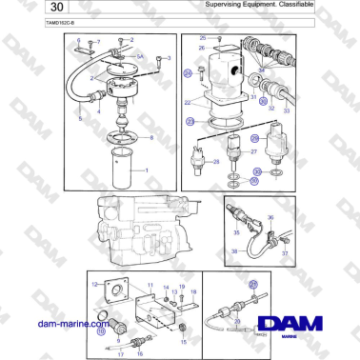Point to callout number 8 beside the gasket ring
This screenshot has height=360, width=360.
[150, 139]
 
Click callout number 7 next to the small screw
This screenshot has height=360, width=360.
[97, 42]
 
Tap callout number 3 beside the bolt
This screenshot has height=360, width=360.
[170, 58]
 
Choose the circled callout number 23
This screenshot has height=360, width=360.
[190, 121]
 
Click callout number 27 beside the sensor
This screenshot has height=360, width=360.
[253, 151]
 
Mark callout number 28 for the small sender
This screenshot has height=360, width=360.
[216, 162]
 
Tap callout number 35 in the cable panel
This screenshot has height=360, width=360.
[236, 230]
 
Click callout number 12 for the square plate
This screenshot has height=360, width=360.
[93, 284]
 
